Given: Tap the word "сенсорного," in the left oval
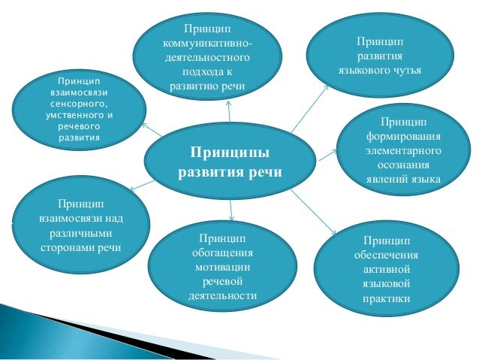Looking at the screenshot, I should [80, 103].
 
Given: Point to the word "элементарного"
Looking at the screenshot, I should [403, 151].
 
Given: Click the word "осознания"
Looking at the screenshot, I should [403, 165].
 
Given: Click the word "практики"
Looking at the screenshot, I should [386, 299].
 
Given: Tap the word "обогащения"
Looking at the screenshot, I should [221, 253].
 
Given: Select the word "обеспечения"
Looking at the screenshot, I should [386, 255].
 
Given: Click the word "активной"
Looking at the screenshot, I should [386, 269].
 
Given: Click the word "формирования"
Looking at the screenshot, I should [403, 137].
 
